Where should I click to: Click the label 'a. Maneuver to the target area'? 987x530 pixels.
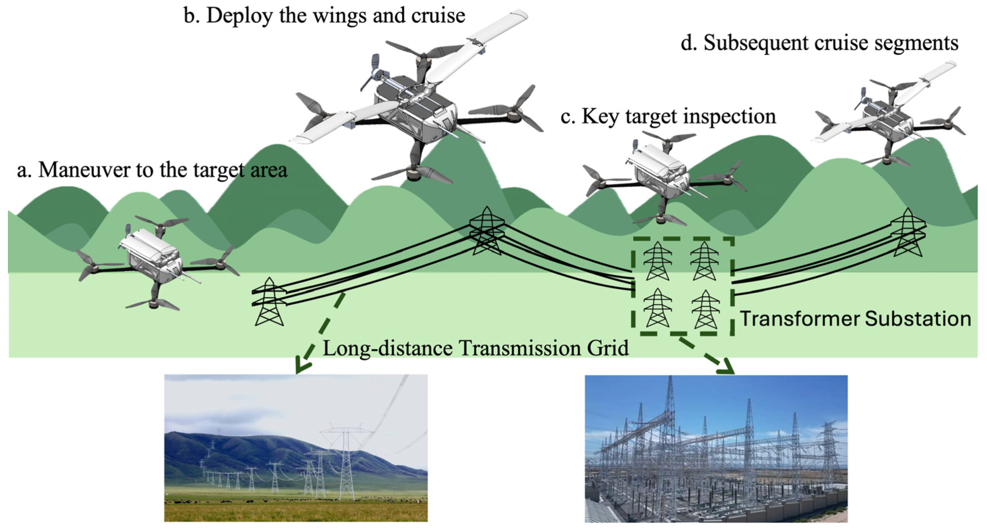[x=152, y=170]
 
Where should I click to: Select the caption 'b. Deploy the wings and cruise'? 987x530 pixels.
[x=324, y=16]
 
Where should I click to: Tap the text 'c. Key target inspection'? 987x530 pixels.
[x=668, y=116]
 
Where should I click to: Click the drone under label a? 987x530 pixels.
[x=153, y=261]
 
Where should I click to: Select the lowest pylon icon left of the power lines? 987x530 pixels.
[x=270, y=302]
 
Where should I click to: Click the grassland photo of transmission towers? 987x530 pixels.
[x=296, y=448]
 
